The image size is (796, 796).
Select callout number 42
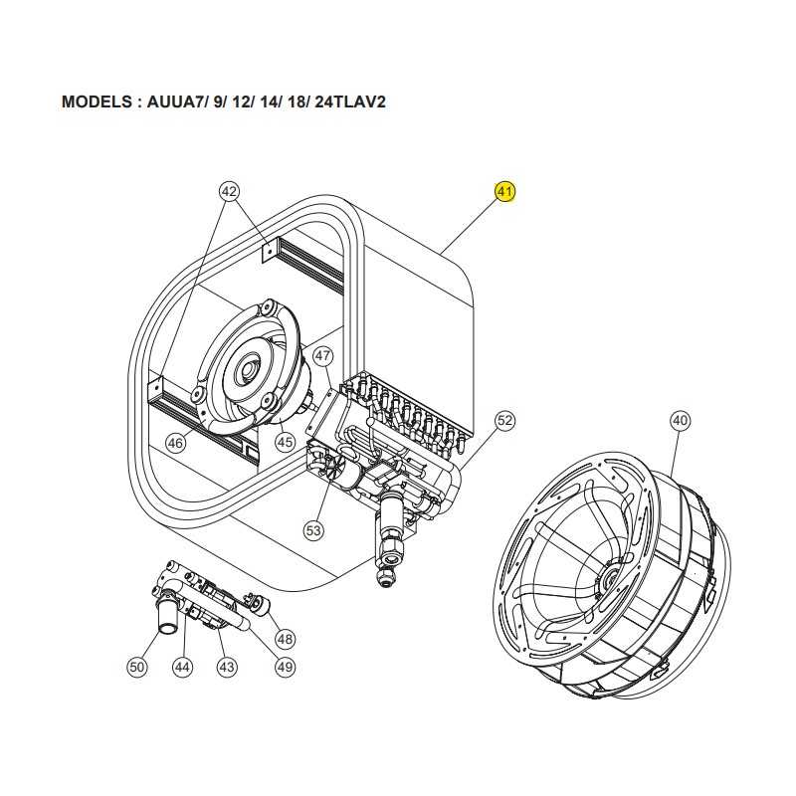(230, 190)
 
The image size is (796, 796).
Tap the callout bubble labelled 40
(680, 421)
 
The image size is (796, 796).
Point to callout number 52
(504, 421)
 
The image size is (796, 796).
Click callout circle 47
(322, 355)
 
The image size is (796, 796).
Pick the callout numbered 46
(175, 444)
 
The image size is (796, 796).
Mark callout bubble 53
(314, 531)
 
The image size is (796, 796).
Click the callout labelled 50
(137, 667)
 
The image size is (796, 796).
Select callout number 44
(182, 667)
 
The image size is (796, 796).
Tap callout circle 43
(227, 667)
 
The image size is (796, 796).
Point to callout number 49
(286, 667)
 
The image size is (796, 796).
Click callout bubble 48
(286, 639)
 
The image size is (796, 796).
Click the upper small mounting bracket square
(267, 254)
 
